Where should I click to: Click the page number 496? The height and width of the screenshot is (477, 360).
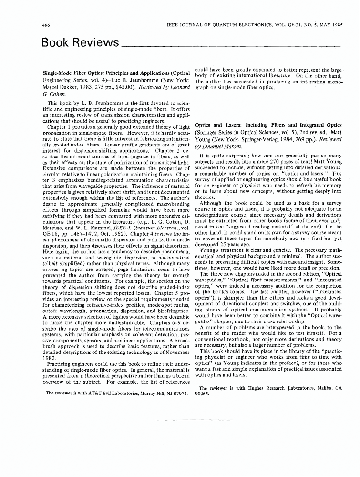46,23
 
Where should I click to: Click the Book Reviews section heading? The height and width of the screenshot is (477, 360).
80,43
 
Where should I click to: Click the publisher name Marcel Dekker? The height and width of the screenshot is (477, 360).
62,88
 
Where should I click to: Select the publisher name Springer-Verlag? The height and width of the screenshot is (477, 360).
271,139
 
